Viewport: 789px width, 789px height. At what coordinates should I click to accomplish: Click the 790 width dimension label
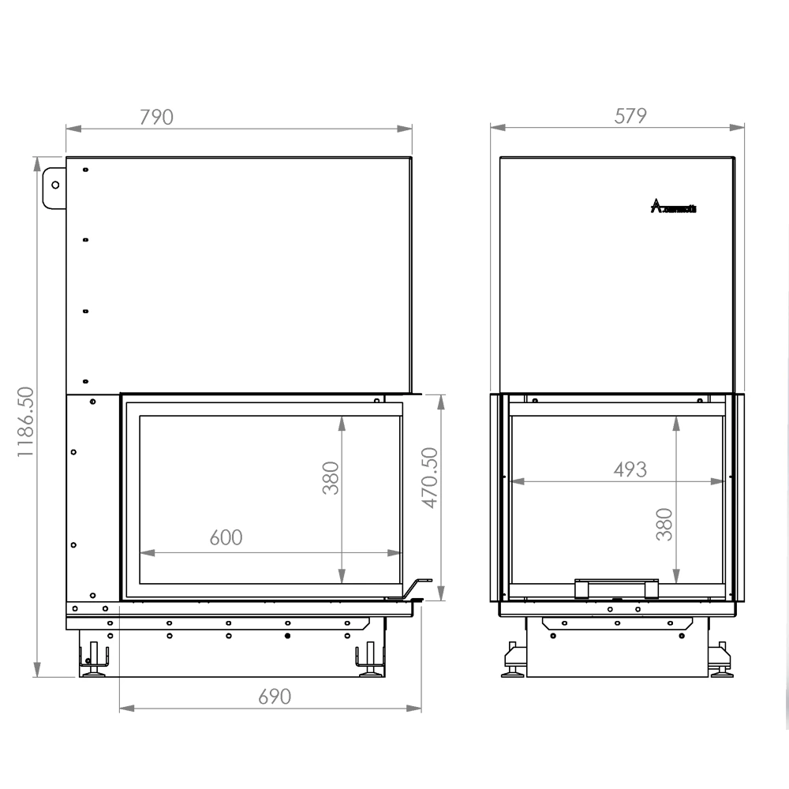click(x=155, y=117)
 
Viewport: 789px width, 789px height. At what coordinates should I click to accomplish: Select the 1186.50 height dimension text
click(x=25, y=422)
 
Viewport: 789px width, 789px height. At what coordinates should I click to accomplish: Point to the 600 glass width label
click(x=226, y=537)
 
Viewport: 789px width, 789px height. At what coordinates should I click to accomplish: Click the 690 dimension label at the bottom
click(x=275, y=696)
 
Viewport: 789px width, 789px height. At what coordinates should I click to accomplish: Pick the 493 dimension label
click(x=630, y=469)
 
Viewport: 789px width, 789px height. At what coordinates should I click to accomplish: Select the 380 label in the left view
click(x=331, y=478)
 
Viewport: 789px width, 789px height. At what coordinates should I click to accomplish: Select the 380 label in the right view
click(x=664, y=524)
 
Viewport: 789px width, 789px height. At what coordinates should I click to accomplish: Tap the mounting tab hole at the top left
click(x=54, y=185)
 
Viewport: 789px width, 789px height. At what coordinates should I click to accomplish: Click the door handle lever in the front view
click(x=416, y=588)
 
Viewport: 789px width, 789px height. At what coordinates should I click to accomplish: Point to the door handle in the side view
click(x=617, y=588)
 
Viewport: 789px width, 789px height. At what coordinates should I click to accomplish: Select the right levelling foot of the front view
click(x=369, y=663)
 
